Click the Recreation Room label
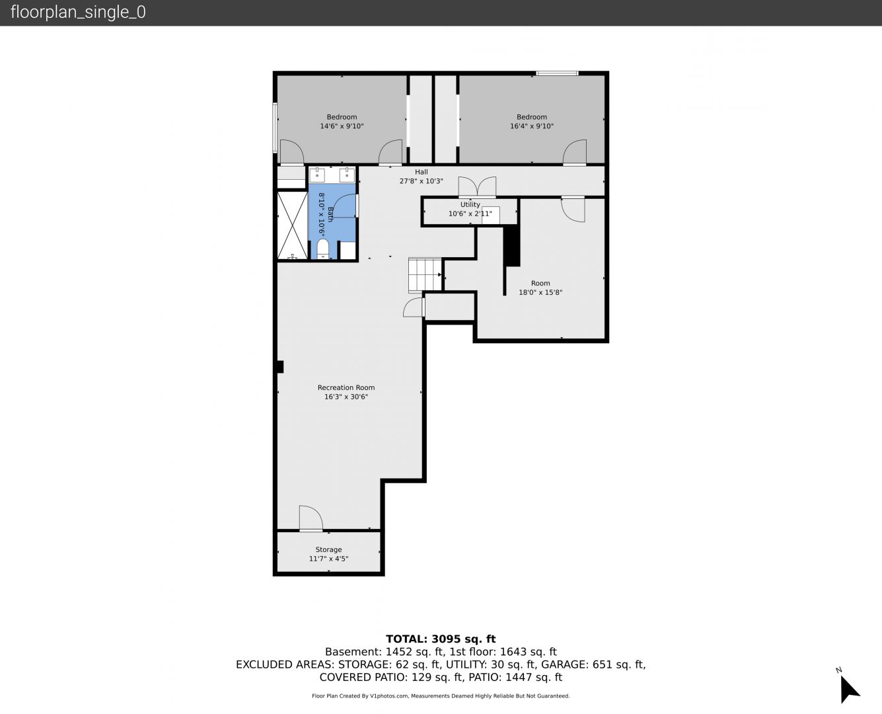point(346,387)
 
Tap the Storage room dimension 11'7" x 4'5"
point(328,559)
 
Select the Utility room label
point(470,204)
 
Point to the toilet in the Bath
point(322,249)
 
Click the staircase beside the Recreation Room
point(425,275)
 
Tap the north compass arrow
point(849,689)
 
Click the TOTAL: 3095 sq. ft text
point(441,639)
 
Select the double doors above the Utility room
point(477,186)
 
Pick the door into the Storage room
point(311,518)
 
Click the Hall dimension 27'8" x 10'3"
point(421,181)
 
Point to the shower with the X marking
point(292,225)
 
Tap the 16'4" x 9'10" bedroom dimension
point(532,126)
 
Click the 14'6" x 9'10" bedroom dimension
point(342,126)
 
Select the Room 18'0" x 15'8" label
point(540,288)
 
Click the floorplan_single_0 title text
point(78,12)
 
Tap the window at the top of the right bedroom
point(557,73)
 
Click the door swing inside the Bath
point(344,206)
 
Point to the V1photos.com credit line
point(441,695)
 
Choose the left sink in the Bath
point(317,175)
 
